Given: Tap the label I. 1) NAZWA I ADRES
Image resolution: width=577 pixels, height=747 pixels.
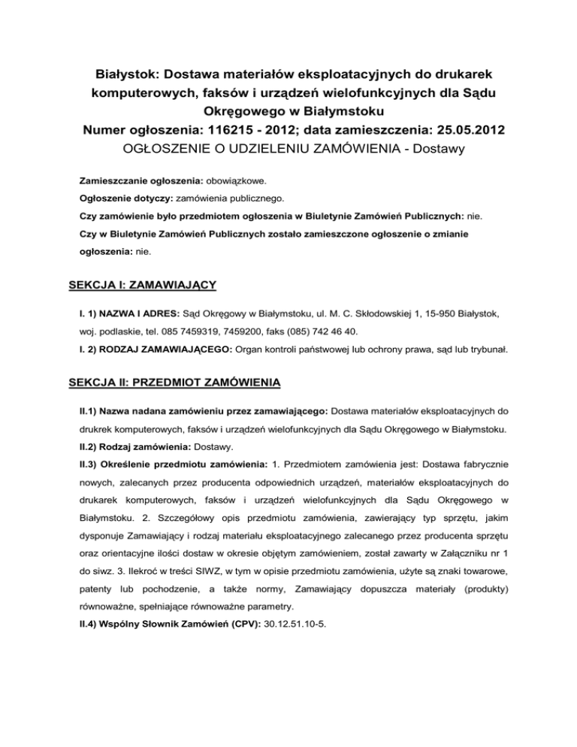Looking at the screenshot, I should (131, 310).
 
